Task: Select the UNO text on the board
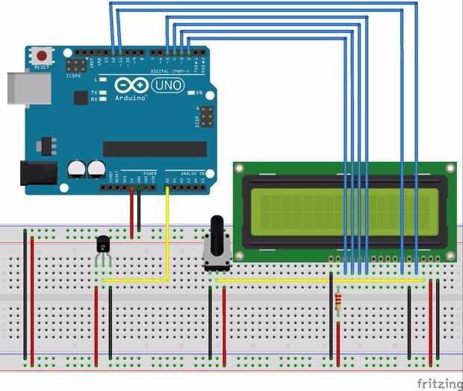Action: click(167, 86)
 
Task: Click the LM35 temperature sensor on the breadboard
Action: click(103, 244)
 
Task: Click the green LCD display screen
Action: click(344, 210)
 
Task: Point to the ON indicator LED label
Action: click(199, 93)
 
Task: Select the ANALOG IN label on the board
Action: click(187, 173)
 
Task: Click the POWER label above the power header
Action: click(149, 172)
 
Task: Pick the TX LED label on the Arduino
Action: click(94, 92)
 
